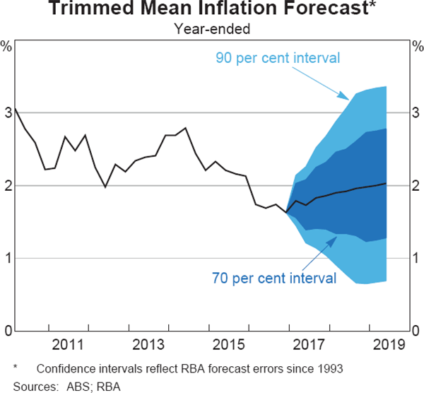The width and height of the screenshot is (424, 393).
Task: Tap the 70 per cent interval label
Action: [274, 278]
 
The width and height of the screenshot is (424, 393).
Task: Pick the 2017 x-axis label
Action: [307, 345]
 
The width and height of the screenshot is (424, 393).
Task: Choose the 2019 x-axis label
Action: [387, 345]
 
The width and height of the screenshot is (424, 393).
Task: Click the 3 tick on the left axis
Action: [8, 112]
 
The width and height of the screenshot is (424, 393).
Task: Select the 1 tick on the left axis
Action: [8, 258]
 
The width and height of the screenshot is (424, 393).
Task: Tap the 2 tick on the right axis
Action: [416, 185]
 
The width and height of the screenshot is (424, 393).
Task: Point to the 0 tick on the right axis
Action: [416, 331]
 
